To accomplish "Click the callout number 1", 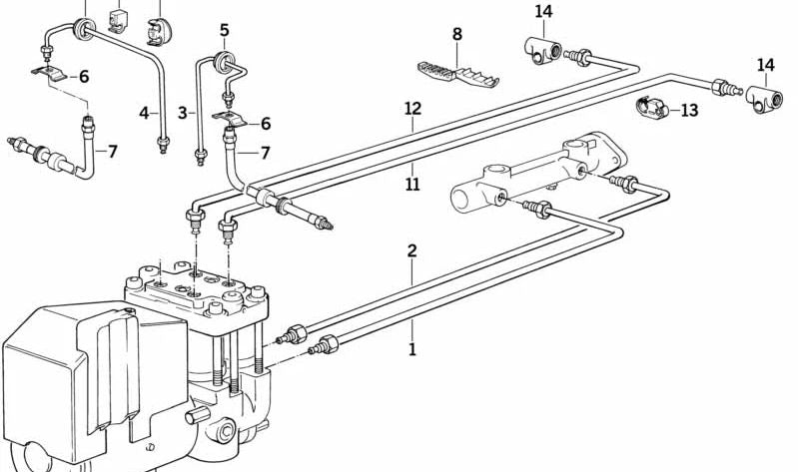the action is coord(412,349).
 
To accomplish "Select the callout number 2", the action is coord(412,250).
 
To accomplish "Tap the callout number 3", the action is coord(183,113).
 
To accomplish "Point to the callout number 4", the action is coord(145,113).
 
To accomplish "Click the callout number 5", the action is coord(225,31).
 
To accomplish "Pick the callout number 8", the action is coord(457,35).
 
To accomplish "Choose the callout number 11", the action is coord(412,184).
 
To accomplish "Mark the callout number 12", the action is coord(413,109).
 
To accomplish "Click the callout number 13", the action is coord(689,111).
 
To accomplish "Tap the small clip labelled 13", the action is coord(651,107).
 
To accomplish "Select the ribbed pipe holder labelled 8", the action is coord(458,75).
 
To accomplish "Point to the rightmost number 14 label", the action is coord(765,66).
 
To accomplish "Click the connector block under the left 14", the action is coord(542,51).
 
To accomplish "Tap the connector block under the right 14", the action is coord(764,99).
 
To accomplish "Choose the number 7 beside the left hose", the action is coord(113,152).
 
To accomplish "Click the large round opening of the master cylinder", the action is coord(461,199).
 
